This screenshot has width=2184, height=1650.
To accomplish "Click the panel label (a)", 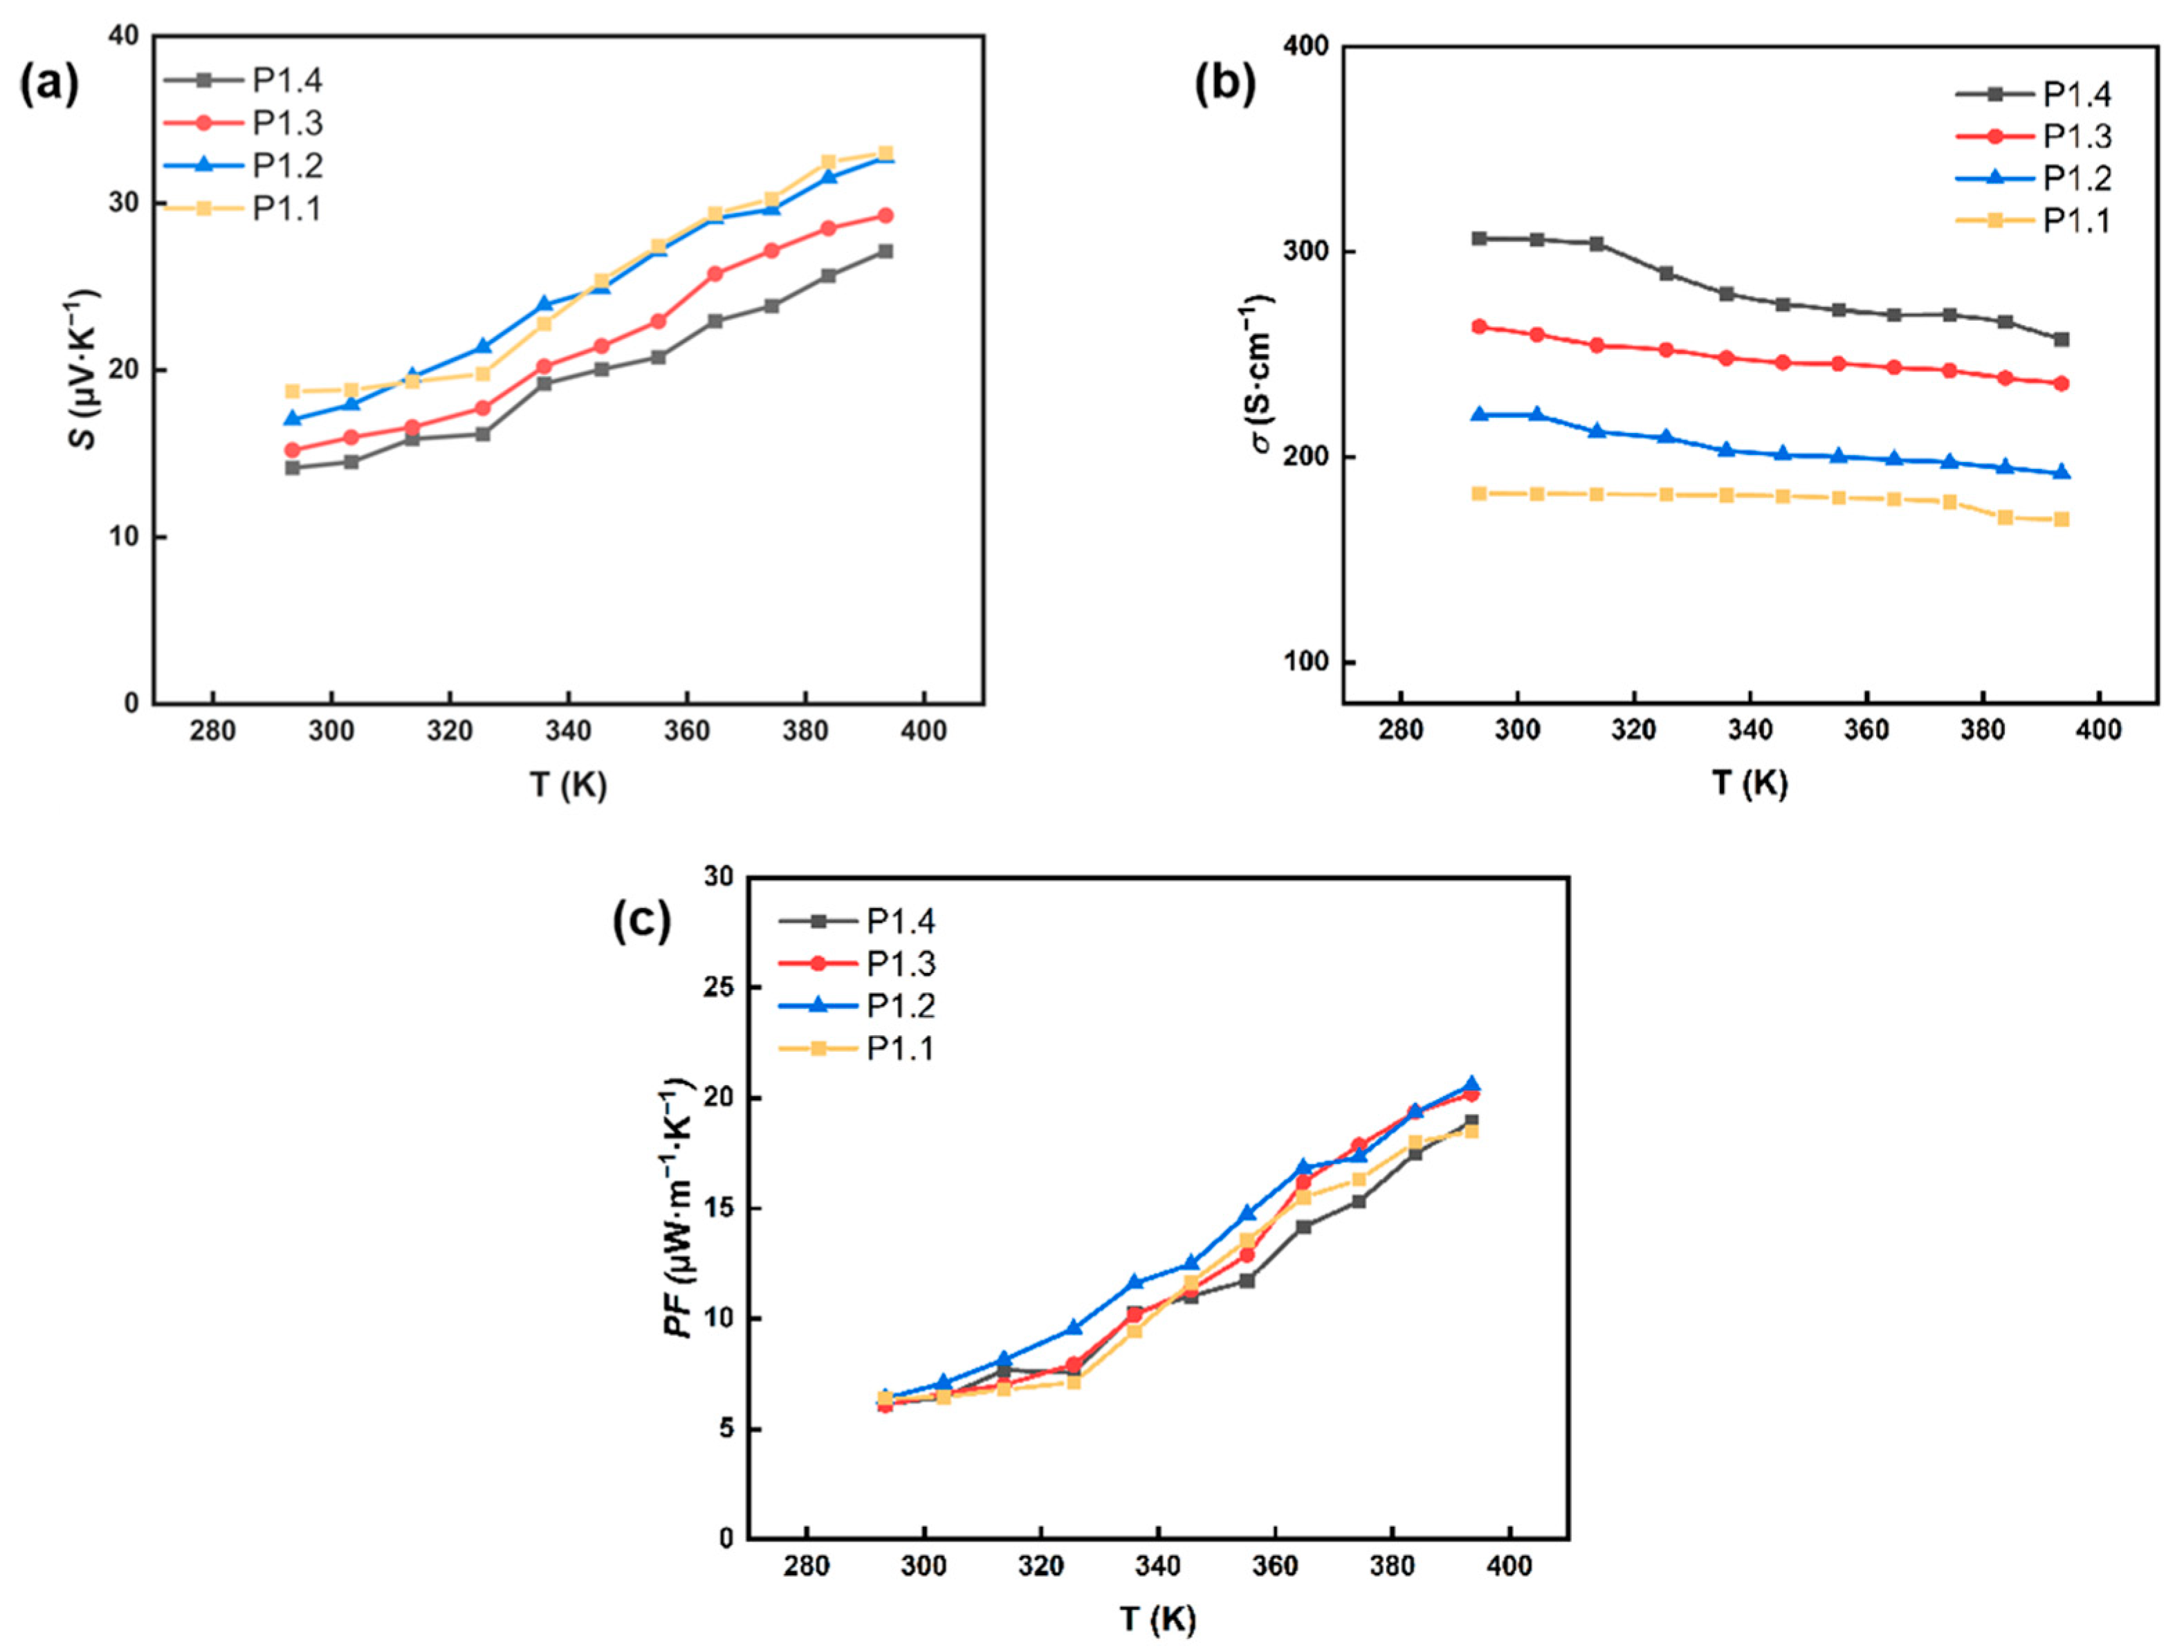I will click(49, 87).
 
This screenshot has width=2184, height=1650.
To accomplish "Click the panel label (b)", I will click(1225, 87).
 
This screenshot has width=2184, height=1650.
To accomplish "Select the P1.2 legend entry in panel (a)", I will click(287, 166).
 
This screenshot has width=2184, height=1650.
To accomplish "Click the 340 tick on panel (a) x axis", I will click(569, 731).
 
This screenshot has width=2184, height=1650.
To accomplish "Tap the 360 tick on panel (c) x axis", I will click(1275, 1566).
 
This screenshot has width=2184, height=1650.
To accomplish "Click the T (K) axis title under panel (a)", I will click(569, 784).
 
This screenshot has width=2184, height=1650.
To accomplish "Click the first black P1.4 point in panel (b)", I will click(1479, 239).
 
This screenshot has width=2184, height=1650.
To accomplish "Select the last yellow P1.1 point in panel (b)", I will click(2062, 519).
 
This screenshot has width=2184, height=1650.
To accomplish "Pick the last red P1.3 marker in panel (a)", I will click(885, 215).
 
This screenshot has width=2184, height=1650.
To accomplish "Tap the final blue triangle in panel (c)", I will click(1471, 1084).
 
